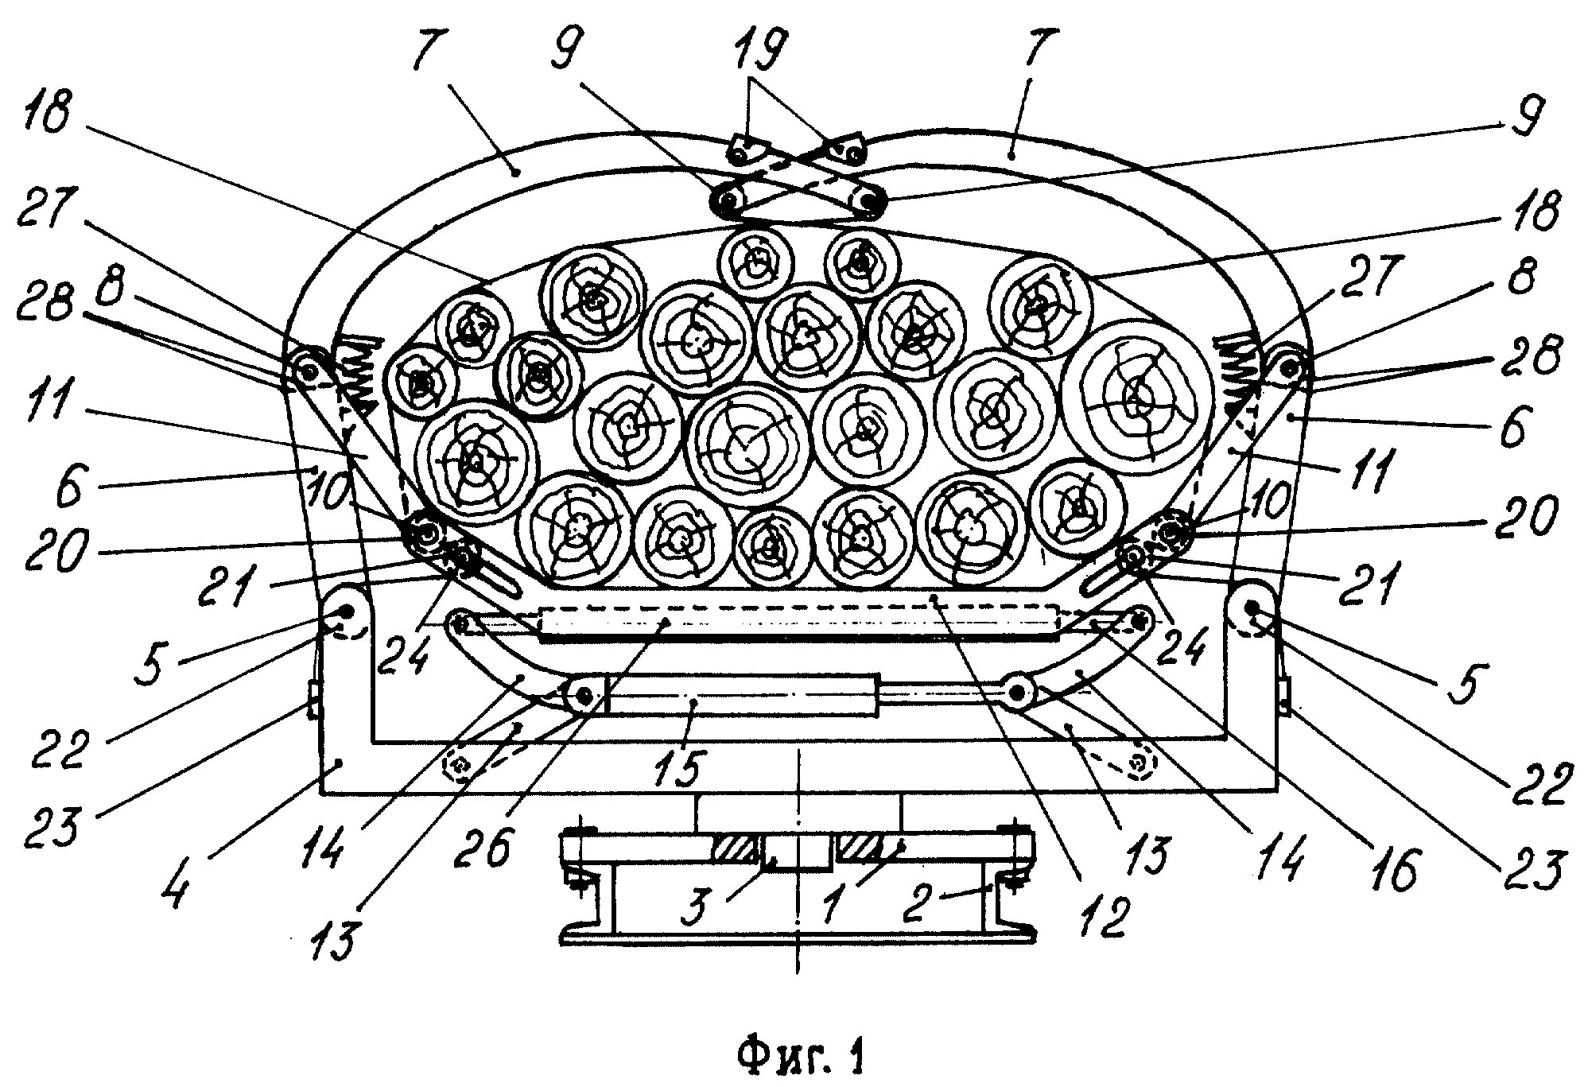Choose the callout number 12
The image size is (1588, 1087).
pyautogui.click(x=1101, y=915)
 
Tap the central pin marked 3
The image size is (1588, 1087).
pyautogui.click(x=798, y=852)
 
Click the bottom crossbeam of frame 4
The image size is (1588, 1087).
pyautogui.click(x=798, y=767)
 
